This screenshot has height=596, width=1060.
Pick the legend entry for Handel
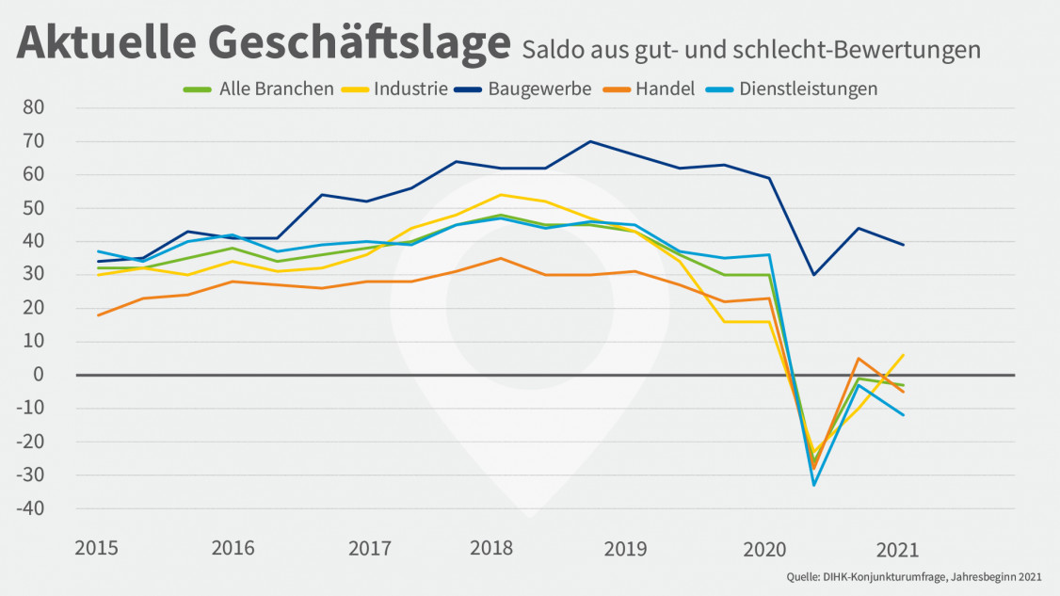665,89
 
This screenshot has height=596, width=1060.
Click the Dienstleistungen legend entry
808,89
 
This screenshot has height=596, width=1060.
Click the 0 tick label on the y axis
40,375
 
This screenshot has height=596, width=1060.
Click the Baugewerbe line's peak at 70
590,141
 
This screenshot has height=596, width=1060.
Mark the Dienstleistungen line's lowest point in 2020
813,485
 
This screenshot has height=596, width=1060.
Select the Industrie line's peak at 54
501,195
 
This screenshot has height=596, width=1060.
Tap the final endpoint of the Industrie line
904,355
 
